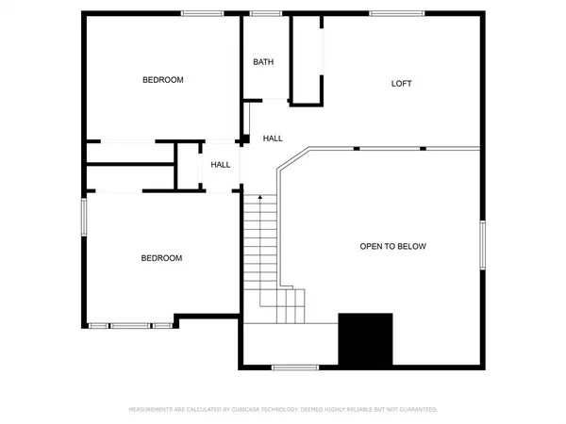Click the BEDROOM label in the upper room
(162, 80)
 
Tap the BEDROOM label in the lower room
(161, 258)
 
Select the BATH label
(263, 62)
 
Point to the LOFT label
(402, 84)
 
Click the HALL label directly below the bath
(273, 139)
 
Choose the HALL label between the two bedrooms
(221, 165)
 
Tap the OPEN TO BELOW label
(393, 246)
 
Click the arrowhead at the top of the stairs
(260, 197)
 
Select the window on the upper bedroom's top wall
(195, 12)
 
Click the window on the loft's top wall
(383, 12)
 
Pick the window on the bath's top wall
(268, 12)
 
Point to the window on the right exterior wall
(483, 244)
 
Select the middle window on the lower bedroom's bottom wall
(131, 326)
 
